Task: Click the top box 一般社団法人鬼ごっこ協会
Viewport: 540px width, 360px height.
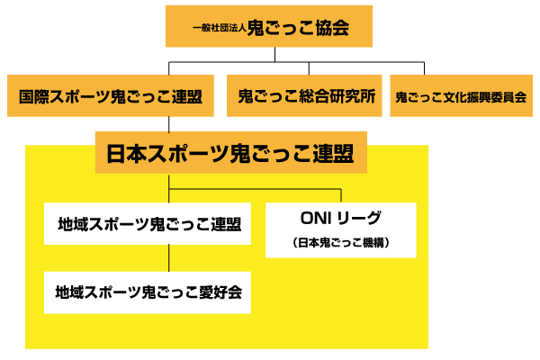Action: tap(269, 27)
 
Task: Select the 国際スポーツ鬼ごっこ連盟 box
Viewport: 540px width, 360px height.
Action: tap(110, 95)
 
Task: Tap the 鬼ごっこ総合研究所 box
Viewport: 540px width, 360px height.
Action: tap(307, 95)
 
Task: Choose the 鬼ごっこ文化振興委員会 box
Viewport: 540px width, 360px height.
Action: tap(460, 95)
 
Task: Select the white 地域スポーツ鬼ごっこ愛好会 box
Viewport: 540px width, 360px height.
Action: tap(148, 292)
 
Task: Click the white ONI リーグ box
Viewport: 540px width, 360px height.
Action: tap(340, 229)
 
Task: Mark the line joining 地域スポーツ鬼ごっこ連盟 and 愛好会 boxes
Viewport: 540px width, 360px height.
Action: tap(168, 257)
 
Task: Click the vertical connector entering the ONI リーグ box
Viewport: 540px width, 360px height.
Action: tap(341, 195)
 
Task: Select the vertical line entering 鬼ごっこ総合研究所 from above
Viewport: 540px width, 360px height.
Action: tap(307, 68)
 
